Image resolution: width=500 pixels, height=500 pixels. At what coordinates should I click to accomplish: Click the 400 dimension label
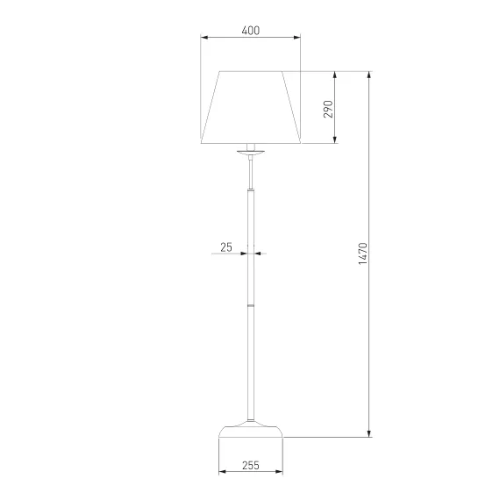251,31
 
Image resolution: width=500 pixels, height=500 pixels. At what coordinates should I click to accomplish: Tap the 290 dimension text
328,109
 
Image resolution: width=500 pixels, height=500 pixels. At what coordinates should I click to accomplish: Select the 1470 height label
363,254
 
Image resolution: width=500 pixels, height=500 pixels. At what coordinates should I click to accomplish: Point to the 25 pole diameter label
226,247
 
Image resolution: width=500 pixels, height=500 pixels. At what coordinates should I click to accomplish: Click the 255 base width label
251,466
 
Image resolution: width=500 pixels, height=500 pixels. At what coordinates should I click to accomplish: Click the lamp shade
251,107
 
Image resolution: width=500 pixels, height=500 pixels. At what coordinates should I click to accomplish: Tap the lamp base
251,429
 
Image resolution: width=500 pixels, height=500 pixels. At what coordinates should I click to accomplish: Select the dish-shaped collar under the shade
251,152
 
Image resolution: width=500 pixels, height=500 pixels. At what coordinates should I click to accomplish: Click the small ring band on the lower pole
251,305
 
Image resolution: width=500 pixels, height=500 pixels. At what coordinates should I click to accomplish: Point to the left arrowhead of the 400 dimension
204,38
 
